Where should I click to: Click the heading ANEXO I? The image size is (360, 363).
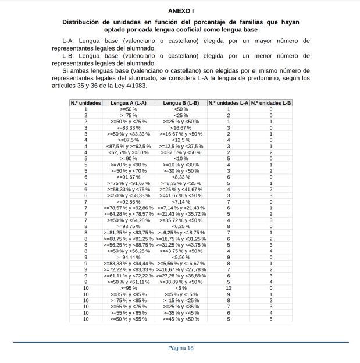[180, 11]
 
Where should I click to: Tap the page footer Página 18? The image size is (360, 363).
[180, 348]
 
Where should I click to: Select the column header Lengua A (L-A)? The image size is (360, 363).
[129, 103]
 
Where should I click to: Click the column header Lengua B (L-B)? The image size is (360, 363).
[181, 103]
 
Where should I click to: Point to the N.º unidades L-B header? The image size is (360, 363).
[271, 103]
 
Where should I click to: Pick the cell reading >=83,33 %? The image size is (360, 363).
[129, 127]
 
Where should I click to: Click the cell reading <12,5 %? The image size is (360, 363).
[181, 140]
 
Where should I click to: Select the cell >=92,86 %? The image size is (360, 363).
[129, 201]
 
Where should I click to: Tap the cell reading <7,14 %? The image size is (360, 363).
[181, 201]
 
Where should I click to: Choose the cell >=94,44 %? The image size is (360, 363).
[129, 257]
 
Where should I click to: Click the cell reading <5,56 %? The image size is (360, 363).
[181, 257]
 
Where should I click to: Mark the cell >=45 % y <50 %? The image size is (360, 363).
[181, 319]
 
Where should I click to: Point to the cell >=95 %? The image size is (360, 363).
[129, 288]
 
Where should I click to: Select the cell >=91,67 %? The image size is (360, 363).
[129, 177]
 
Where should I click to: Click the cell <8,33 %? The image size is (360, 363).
[181, 177]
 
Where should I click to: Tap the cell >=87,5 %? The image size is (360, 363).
[129, 140]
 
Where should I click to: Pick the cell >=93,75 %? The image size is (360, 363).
[129, 226]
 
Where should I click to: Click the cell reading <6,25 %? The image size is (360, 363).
[181, 226]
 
